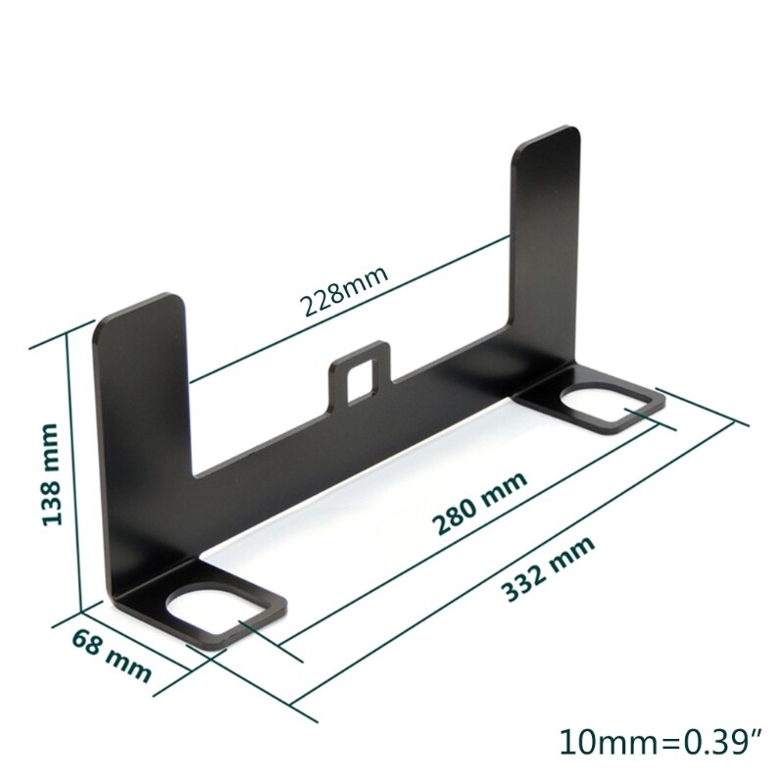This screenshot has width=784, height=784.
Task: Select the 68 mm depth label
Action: click(111, 655)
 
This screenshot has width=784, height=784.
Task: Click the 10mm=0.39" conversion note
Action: click(659, 740)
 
